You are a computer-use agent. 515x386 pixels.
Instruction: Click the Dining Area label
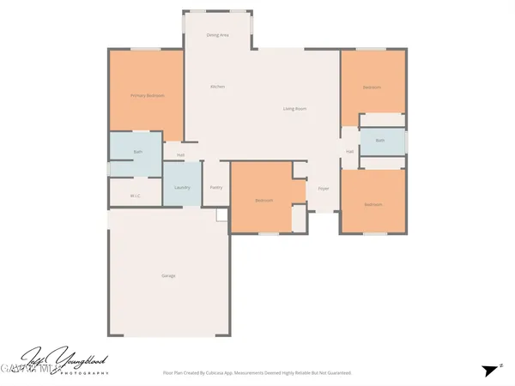pyautogui.click(x=217, y=35)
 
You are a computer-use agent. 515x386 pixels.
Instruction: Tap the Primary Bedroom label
pyautogui.click(x=147, y=95)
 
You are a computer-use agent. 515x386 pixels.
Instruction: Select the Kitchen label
pyautogui.click(x=217, y=87)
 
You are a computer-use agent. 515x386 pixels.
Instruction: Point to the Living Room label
pyautogui.click(x=295, y=109)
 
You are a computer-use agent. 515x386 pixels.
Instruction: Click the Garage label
pyautogui.click(x=168, y=275)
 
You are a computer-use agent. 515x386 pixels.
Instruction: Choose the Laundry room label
pyautogui.click(x=182, y=188)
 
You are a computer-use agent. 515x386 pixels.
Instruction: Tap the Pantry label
pyautogui.click(x=215, y=187)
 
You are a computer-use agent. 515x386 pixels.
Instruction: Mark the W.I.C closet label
pyautogui.click(x=135, y=196)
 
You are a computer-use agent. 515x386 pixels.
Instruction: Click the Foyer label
pyautogui.click(x=324, y=188)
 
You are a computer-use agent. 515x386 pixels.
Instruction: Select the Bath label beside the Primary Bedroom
pyautogui.click(x=137, y=152)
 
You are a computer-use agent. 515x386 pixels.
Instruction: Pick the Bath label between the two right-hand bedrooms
pyautogui.click(x=379, y=140)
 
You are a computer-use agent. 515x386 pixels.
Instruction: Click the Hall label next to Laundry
pyautogui.click(x=181, y=155)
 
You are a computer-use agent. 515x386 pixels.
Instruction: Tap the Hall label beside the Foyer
pyautogui.click(x=349, y=152)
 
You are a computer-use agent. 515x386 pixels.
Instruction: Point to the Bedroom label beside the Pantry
pyautogui.click(x=264, y=201)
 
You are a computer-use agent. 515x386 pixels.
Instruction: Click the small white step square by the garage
pyautogui.click(x=221, y=215)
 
